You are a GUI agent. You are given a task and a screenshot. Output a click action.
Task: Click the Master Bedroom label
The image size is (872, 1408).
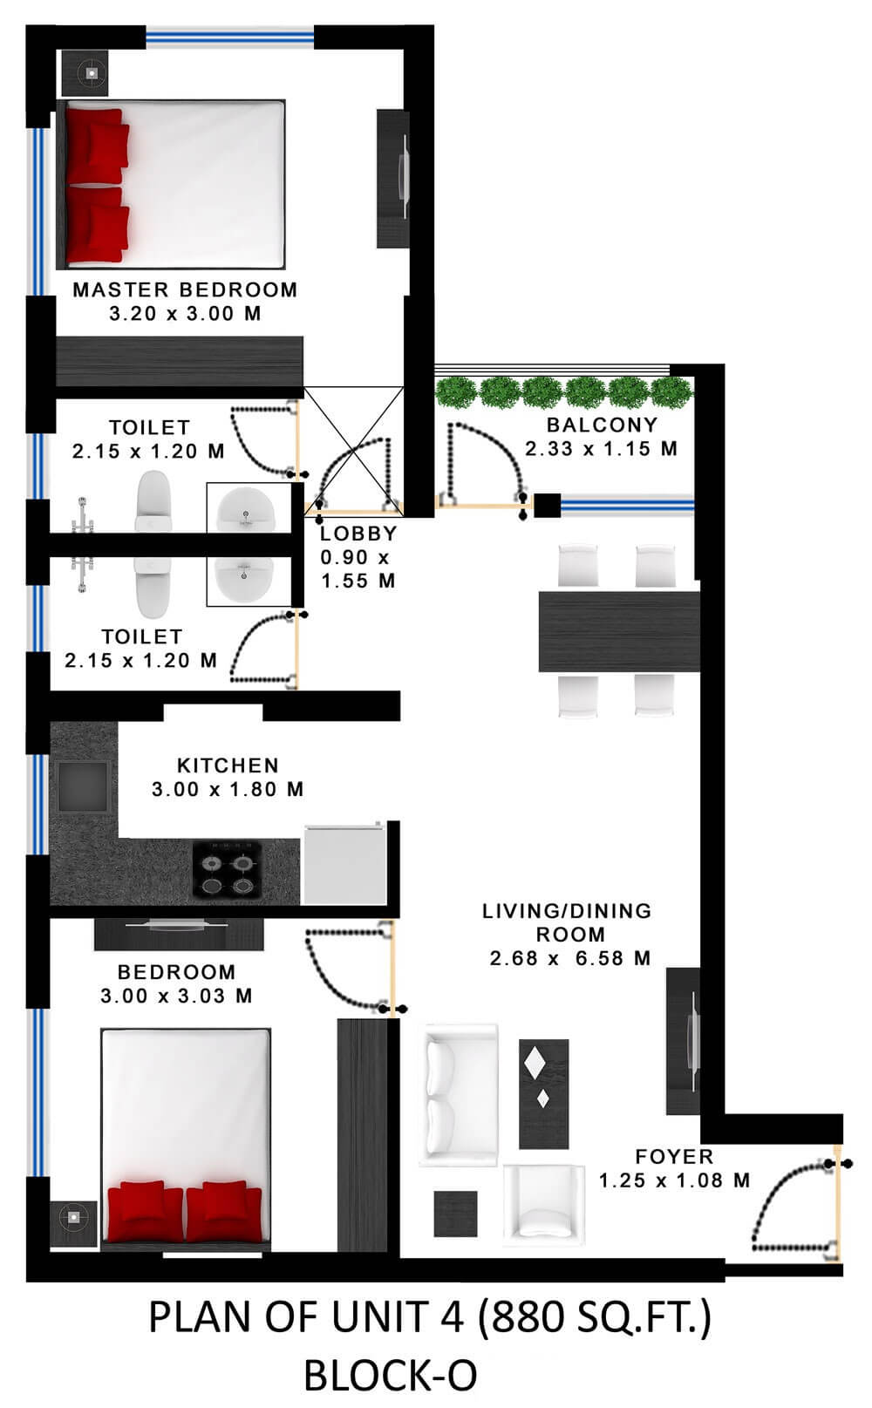click(x=185, y=289)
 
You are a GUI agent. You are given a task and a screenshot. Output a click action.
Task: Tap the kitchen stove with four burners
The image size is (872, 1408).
click(x=228, y=869)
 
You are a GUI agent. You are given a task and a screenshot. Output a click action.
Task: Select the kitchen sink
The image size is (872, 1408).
click(x=82, y=786)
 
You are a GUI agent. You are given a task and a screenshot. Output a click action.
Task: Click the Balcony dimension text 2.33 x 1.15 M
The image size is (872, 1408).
click(x=601, y=449)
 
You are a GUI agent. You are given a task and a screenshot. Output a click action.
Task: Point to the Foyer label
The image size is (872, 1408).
click(x=674, y=1157)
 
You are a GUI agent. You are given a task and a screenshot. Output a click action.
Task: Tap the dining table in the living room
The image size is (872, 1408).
click(x=619, y=631)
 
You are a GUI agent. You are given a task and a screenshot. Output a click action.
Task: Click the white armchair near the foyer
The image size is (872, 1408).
click(x=544, y=1204)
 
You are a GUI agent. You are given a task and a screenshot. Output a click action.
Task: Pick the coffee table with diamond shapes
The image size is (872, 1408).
click(x=544, y=1094)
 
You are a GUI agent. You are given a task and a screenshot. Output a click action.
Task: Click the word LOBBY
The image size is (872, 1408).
click(x=358, y=534)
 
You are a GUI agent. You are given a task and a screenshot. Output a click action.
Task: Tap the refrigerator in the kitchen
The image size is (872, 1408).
click(x=344, y=864)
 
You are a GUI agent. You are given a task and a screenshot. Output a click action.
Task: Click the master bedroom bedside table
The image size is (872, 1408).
click(x=85, y=73)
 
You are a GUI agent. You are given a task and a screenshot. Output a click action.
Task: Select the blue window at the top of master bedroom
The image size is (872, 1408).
click(x=230, y=37)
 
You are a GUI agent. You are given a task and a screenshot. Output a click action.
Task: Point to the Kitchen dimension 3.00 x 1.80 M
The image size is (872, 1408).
click(x=228, y=789)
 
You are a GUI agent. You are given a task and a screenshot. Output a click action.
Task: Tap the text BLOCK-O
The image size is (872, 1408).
click(x=391, y=1376)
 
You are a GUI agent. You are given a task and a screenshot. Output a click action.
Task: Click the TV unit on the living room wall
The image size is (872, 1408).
click(x=684, y=1041)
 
